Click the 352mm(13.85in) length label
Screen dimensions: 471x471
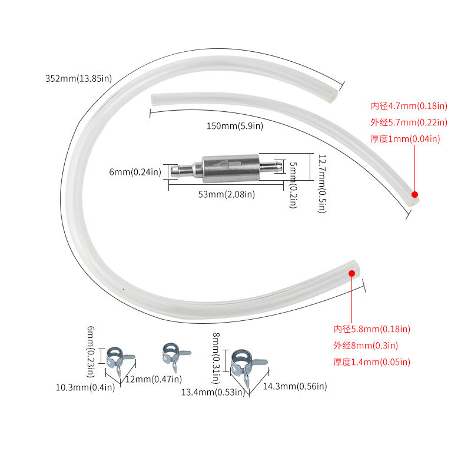78,78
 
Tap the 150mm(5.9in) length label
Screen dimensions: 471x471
234,126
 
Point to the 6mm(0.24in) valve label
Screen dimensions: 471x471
135,172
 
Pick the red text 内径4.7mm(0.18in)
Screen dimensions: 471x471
409,106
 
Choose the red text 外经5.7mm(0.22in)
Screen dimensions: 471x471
409,122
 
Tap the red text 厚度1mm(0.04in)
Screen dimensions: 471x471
405,139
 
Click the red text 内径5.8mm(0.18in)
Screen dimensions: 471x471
372,329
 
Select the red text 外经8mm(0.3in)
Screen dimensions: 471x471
366,346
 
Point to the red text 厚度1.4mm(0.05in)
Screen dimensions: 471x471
372,362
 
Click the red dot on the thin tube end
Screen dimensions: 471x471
414,194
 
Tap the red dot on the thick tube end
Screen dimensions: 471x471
351,273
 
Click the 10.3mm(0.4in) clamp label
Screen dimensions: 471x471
85,387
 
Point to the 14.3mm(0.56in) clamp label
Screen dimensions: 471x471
294,386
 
